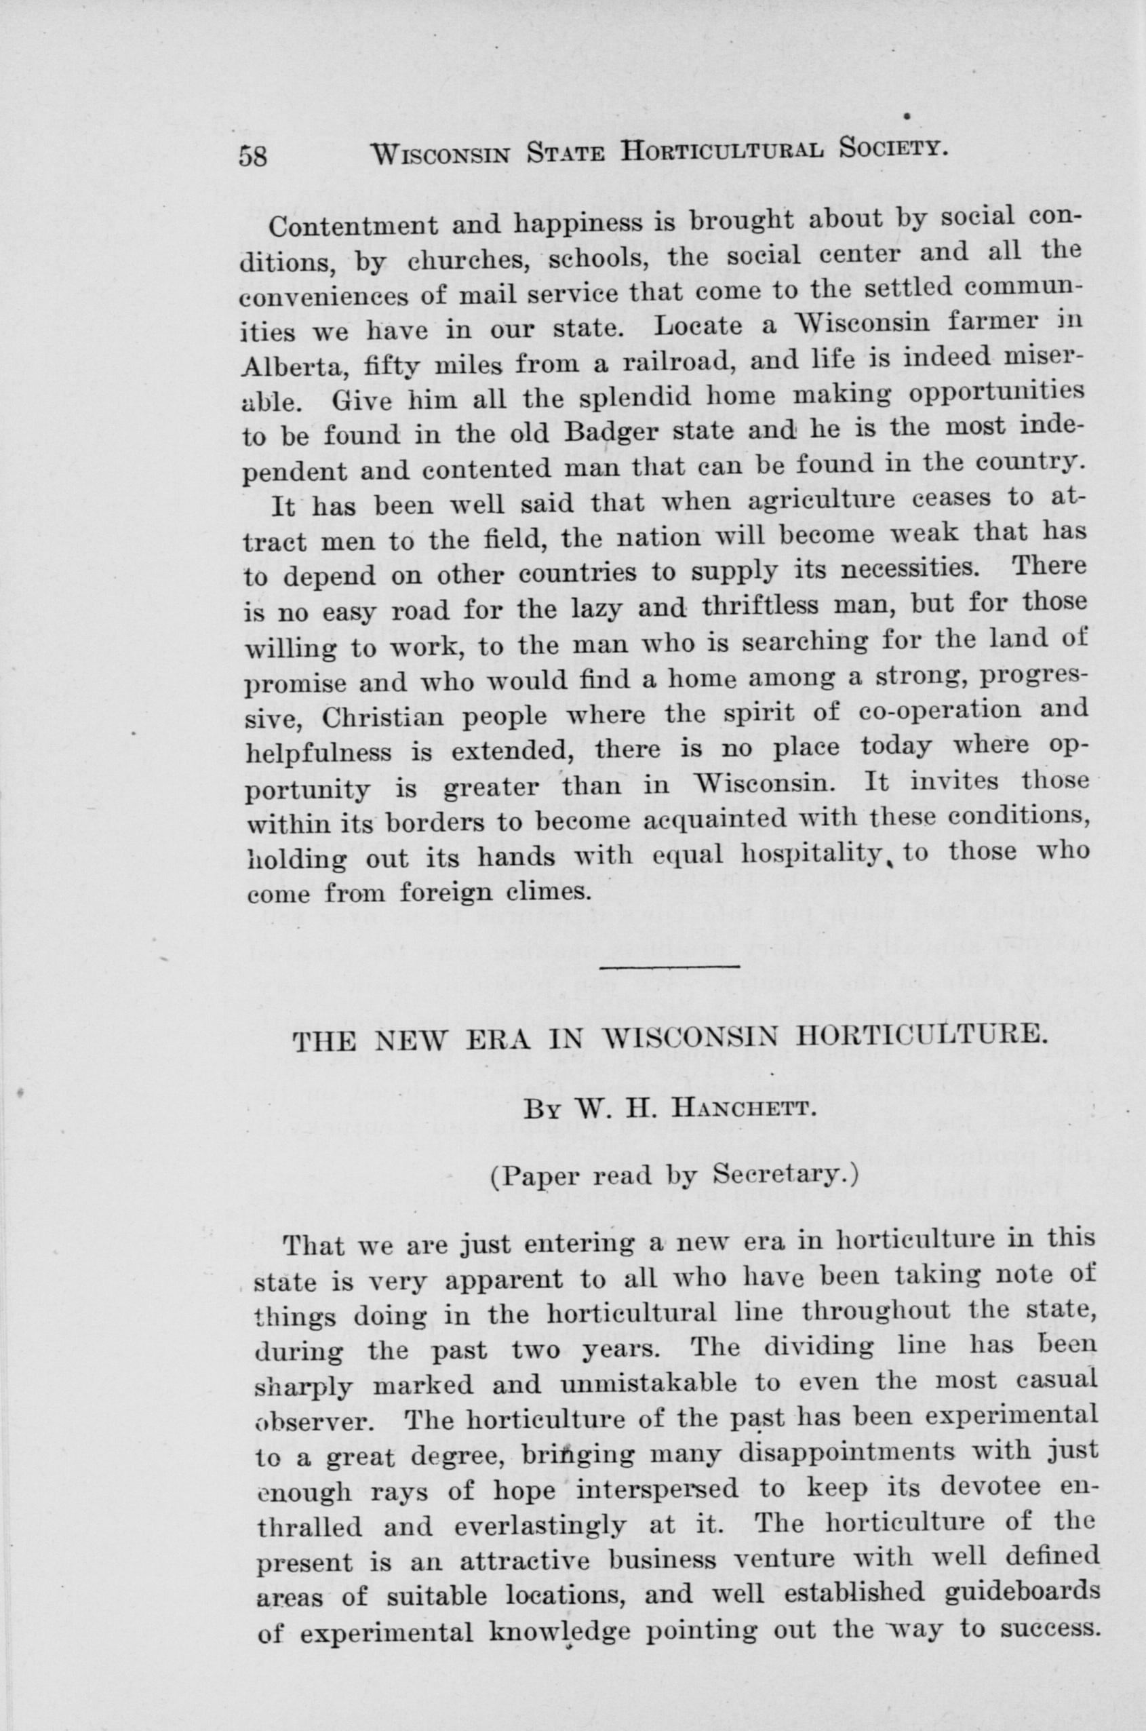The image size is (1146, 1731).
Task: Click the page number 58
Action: coord(254,156)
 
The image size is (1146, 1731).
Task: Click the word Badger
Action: coord(613,429)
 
